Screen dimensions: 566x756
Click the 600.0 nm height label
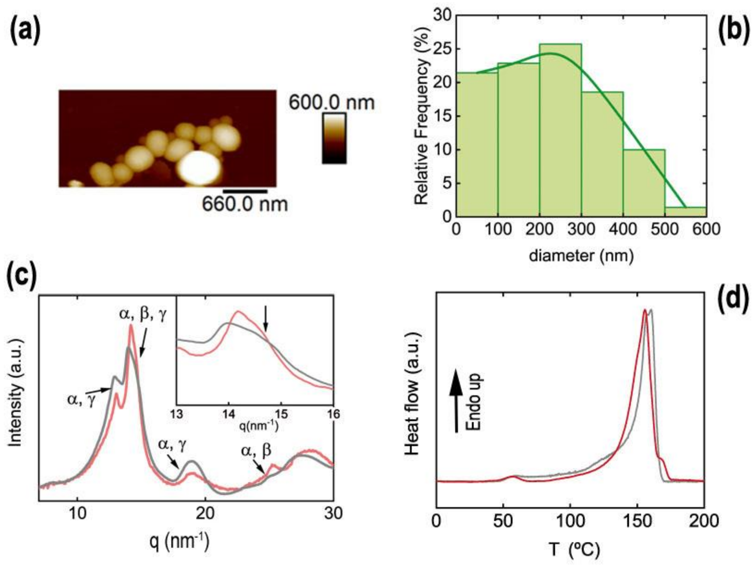[332, 102]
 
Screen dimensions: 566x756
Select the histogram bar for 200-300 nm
[561, 137]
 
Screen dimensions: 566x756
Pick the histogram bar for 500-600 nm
[686, 212]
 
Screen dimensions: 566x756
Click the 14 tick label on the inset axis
[229, 414]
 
